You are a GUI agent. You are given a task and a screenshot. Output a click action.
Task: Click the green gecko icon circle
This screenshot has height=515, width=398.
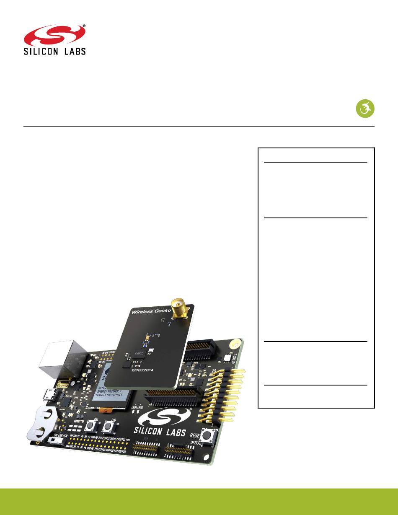[x=365, y=108]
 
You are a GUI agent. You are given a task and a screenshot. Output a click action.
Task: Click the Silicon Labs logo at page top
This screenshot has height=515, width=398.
[x=54, y=40]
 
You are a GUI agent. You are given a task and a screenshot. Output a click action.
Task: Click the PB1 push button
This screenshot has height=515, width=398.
[x=90, y=427]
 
